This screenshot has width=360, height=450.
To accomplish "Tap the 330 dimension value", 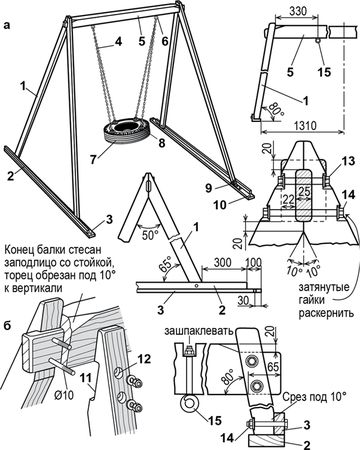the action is click(298, 11).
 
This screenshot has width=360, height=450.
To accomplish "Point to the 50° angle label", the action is click(150, 234).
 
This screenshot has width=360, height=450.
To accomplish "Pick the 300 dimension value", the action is click(223, 262).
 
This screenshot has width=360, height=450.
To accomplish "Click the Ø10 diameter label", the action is click(64, 395).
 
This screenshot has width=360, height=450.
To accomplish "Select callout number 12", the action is click(143, 359).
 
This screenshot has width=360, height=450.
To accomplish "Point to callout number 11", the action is click(85, 379).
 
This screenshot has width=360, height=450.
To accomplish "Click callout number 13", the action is click(348, 162).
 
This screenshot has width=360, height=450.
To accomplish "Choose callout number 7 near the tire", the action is click(92, 159).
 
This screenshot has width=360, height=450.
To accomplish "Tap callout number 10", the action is click(220, 205).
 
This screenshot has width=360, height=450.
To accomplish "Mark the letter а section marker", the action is click(7, 26).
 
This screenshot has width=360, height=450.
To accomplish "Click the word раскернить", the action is click(326, 313).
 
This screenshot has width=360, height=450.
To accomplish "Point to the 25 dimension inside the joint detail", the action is click(303, 191).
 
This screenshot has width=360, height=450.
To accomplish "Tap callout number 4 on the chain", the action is click(117, 42).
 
